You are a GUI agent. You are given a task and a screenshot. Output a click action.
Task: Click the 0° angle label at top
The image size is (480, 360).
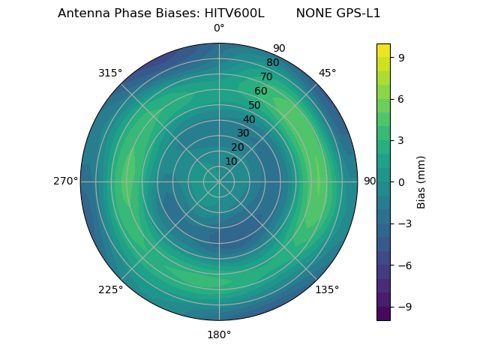click(x=219, y=28)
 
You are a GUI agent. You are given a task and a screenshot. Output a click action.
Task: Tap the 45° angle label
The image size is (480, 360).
click(x=327, y=73)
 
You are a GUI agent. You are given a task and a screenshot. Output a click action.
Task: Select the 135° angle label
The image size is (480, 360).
click(x=327, y=289)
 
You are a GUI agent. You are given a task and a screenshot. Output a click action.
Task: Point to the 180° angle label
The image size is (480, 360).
click(x=219, y=334)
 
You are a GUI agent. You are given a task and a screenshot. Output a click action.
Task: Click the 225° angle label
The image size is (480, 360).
click(x=110, y=289)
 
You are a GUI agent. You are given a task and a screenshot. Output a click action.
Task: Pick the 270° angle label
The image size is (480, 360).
click(x=65, y=181)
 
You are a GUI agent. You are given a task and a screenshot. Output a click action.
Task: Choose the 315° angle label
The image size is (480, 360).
click(x=110, y=73)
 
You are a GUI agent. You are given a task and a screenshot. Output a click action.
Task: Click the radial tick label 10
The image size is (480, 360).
click(x=231, y=161)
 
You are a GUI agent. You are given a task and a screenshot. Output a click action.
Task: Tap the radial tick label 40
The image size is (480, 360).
click(x=249, y=119)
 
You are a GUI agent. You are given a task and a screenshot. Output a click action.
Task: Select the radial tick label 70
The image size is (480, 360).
click(x=266, y=76)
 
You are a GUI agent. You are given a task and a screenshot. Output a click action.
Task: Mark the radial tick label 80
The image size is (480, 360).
click(x=272, y=63)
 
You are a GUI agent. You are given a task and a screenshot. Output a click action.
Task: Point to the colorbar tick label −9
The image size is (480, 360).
click(x=403, y=307)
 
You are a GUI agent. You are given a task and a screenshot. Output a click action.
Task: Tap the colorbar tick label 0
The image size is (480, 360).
click(x=400, y=181)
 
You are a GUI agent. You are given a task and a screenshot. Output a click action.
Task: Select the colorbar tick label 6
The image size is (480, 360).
click(x=400, y=98)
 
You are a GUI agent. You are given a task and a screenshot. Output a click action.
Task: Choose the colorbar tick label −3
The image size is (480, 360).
click(x=403, y=223)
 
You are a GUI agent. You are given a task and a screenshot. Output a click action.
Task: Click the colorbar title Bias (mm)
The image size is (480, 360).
click(x=421, y=181)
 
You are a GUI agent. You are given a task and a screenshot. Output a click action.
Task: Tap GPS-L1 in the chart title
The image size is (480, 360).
click(x=358, y=13)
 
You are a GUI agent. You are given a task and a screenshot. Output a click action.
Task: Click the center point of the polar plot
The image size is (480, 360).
click(x=219, y=181)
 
